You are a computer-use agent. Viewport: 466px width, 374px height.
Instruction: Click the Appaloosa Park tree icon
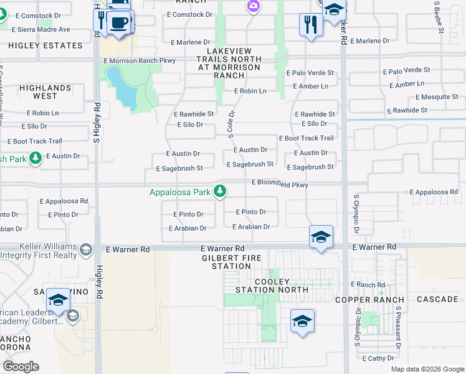click(x=219, y=192)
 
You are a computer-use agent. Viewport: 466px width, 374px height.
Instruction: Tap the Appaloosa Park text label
click(x=180, y=193)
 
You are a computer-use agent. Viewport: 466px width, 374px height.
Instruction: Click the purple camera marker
click(x=252, y=6)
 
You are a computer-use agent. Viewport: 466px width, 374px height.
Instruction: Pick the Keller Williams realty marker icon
click(x=85, y=250)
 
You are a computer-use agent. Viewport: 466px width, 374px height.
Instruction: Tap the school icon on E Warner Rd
click(x=321, y=237)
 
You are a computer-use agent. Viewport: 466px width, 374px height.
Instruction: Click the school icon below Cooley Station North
click(x=302, y=321)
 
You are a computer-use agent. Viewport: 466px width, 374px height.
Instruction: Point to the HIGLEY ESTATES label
click(x=46, y=46)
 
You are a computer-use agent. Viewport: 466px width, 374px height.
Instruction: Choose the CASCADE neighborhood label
click(x=437, y=299)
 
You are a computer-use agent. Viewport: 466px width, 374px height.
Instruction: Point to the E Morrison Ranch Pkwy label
click(x=140, y=60)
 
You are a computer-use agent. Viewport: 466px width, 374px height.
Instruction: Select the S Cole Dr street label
click(x=231, y=125)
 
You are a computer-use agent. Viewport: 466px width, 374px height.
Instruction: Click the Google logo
click(x=21, y=367)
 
